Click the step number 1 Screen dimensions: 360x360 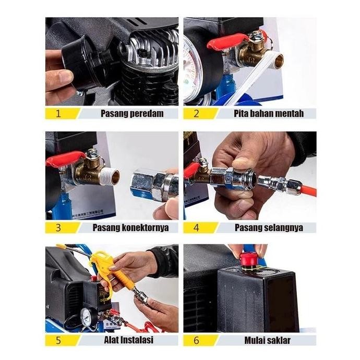(58, 113)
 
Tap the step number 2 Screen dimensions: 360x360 (196, 113)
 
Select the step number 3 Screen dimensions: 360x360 (58, 227)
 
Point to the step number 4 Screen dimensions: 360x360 (196, 227)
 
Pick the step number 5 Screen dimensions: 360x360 (58, 340)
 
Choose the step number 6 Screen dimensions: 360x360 (196, 340)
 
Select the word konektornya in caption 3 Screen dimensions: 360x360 (145, 227)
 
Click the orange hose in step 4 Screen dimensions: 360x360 (308, 190)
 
